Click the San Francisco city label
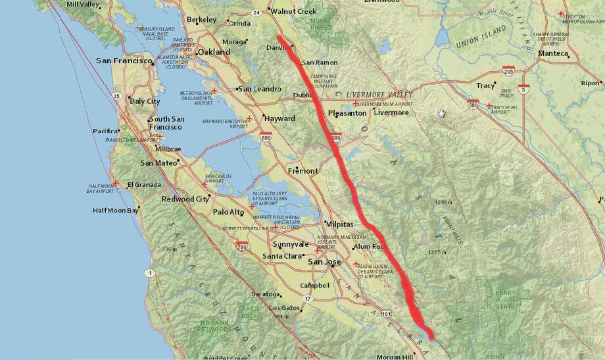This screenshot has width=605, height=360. tap(124, 61)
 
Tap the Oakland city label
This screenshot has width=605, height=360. tap(216, 52)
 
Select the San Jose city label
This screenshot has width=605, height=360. tap(325, 262)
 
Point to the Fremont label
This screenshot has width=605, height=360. tap(302, 170)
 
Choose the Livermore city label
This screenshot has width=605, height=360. tap(391, 113)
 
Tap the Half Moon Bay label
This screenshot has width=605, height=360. tap(115, 211)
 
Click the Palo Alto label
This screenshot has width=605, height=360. tap(228, 212)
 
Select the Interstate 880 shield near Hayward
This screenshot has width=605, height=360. tap(266, 138)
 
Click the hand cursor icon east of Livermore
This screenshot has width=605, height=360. tap(442, 113)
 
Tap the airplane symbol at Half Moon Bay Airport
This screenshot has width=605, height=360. tap(116, 184)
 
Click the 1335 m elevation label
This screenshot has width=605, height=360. tap(438, 252)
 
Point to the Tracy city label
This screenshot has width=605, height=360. tap(485, 86)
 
